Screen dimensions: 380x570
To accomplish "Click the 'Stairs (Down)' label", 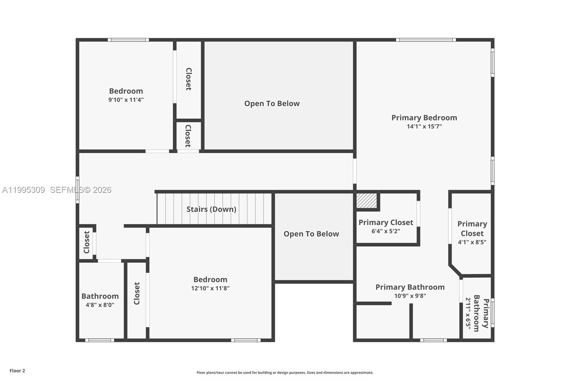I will click(x=211, y=209).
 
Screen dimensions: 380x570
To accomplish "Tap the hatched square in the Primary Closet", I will click(x=367, y=201).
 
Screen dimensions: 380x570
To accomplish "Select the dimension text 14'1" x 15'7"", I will click(x=424, y=127).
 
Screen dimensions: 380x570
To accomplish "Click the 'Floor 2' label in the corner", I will click(x=17, y=371).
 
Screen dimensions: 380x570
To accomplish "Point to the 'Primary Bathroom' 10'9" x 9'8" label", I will click(x=410, y=287).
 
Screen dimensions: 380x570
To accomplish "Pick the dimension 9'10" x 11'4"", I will click(x=126, y=100).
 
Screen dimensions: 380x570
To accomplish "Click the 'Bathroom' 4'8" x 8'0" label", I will click(x=100, y=296).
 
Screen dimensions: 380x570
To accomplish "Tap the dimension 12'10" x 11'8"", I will click(x=210, y=288).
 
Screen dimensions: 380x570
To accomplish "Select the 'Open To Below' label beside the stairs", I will click(x=311, y=234).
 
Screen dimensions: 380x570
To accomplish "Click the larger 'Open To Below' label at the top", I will click(x=272, y=104).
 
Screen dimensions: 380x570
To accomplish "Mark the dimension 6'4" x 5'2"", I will click(x=385, y=231).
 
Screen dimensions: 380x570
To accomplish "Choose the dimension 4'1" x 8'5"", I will click(x=472, y=242).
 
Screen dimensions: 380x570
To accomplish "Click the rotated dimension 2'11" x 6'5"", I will click(x=468, y=314).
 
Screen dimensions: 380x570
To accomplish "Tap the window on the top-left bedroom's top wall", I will click(x=128, y=40).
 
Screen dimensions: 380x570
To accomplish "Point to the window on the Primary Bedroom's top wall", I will click(x=426, y=40).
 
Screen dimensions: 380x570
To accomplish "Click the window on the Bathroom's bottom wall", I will click(x=100, y=340).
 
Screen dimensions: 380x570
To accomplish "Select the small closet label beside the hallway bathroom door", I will click(x=87, y=242).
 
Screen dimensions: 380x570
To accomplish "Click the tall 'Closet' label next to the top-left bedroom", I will click(x=189, y=79).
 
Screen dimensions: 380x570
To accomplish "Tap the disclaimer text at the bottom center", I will click(x=285, y=373).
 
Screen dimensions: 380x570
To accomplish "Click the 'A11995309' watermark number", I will click(x=24, y=190).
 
